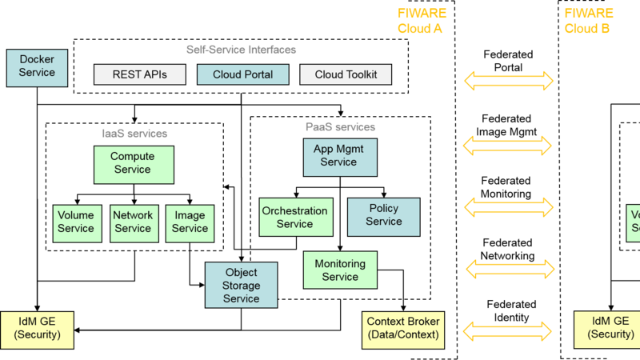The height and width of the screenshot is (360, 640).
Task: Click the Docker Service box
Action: [x=37, y=67]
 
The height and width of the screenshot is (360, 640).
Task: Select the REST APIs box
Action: [x=140, y=74]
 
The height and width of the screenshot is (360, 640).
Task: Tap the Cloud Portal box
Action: [x=242, y=74]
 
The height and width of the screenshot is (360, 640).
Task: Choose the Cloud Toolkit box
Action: [x=346, y=74]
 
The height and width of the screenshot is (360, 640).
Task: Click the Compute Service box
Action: [x=133, y=163]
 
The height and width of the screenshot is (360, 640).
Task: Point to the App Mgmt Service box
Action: [x=339, y=156]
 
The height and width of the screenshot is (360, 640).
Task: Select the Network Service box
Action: [x=133, y=222]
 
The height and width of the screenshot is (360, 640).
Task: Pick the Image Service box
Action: [x=190, y=222]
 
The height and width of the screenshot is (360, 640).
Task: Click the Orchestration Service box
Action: [x=295, y=217]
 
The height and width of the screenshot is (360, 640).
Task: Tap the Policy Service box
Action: [x=384, y=216]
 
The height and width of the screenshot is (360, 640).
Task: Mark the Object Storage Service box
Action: [x=241, y=286]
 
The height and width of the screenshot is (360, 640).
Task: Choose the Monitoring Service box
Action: [x=340, y=270]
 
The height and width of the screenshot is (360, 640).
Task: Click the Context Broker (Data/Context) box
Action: [x=402, y=329]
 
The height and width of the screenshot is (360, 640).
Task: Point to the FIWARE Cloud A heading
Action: [x=421, y=22]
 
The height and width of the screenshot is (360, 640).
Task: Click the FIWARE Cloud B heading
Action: [x=588, y=22]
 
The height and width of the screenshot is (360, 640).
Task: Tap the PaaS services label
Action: [x=340, y=127]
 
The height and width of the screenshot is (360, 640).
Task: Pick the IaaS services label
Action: [x=134, y=134]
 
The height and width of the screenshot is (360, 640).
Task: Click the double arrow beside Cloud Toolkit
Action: [x=510, y=80]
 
